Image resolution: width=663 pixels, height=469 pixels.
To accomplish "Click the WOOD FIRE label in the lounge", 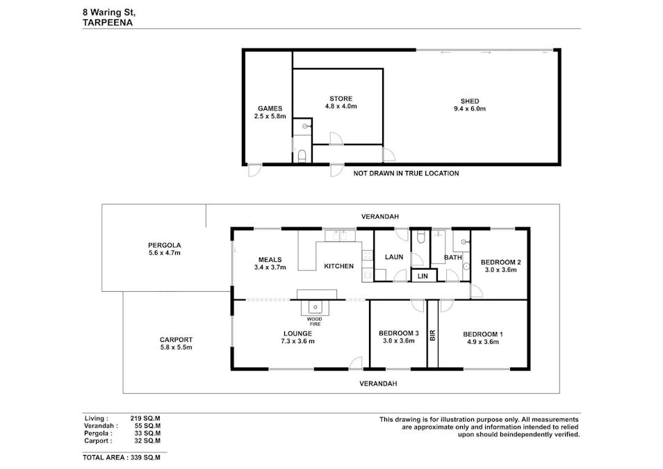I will click(x=314, y=322).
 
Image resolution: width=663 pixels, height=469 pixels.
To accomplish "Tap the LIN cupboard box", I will click(x=423, y=276).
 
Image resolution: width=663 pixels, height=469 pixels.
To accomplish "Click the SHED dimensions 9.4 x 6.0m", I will click(x=470, y=109).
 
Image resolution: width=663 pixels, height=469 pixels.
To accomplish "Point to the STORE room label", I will click(x=341, y=99).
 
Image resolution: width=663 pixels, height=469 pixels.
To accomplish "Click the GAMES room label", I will click(x=270, y=108).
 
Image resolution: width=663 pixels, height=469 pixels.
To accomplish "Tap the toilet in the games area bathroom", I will click(x=301, y=156).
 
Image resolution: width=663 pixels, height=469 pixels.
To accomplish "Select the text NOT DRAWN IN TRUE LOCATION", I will click(x=406, y=173).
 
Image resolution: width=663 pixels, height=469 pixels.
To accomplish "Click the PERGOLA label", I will click(x=164, y=245).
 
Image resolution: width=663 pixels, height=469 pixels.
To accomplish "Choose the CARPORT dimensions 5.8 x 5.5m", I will click(x=176, y=347).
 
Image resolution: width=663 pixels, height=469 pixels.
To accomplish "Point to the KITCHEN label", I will click(x=339, y=266).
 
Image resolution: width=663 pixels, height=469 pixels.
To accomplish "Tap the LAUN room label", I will click(x=394, y=257).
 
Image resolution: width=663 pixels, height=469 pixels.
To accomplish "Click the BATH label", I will click(x=453, y=257).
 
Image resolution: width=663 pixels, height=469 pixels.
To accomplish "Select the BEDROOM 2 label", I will click(x=500, y=262).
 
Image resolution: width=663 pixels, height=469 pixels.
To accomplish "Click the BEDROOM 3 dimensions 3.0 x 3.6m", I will click(x=398, y=341).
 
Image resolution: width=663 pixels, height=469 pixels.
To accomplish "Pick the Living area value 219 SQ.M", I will click(x=145, y=418).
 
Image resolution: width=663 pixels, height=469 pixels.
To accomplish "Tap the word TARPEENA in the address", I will click(x=108, y=22).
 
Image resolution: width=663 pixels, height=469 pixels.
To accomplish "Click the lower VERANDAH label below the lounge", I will click(x=378, y=384).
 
